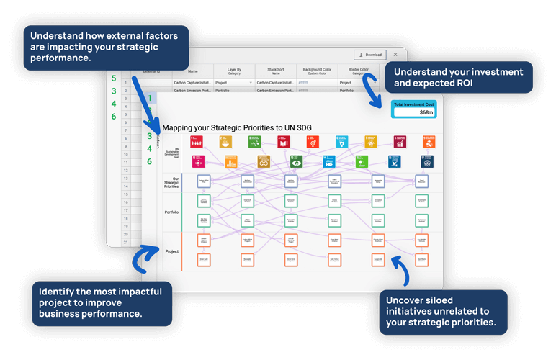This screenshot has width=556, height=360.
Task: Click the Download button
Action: click(369, 55)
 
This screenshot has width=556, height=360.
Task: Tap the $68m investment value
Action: click(426, 112)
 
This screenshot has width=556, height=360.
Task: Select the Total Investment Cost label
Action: click(415, 104)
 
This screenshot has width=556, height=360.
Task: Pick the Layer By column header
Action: click(234, 71)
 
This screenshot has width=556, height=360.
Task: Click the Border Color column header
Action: click(359, 71)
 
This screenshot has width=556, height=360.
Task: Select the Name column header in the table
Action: click(193, 71)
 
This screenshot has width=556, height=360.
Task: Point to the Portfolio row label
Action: click(171, 212)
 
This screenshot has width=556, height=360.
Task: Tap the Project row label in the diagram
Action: click(172, 251)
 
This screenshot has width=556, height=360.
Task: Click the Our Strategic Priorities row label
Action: click(171, 183)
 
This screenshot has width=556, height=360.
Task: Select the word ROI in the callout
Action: click(482, 84)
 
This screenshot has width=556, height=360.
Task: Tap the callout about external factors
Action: click(106, 48)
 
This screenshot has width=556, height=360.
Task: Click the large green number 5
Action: click(114, 78)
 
